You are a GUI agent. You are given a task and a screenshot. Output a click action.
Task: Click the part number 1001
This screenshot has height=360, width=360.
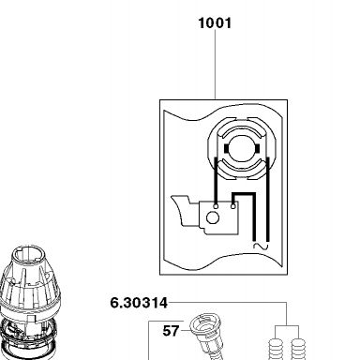(x=215, y=23)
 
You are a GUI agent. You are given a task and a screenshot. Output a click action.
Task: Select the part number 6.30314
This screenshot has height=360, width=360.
(x=139, y=303)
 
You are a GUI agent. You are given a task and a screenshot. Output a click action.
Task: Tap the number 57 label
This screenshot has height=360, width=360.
(x=171, y=331)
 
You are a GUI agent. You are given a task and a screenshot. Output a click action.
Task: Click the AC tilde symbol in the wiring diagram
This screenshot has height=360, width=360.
(x=261, y=247)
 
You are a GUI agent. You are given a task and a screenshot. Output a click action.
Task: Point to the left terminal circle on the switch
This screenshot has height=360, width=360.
(x=216, y=206)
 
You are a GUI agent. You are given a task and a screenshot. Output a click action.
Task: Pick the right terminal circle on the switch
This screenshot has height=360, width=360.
(x=233, y=206)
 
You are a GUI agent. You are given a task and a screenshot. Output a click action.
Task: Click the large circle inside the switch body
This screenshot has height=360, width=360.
(x=213, y=217)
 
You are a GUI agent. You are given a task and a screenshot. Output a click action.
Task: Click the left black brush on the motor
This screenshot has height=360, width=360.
(x=226, y=149)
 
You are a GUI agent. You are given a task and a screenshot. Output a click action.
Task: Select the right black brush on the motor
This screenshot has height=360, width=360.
(x=258, y=149)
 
